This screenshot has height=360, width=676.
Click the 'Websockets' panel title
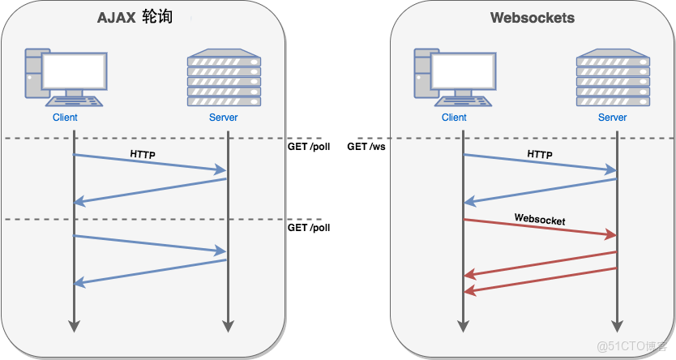pos(533,17)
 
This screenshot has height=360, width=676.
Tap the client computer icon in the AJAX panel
pos(64,78)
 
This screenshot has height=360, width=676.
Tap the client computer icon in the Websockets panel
pos(454,78)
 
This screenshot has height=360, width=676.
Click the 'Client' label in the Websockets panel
pos(454,118)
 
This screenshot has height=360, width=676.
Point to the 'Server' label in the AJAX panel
pos(224,118)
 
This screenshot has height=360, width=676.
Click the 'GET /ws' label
pos(367,147)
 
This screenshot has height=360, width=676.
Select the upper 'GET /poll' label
pos(309,147)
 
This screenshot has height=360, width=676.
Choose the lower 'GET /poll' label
pos(309,228)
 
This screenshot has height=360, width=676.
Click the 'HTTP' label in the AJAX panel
pos(143,153)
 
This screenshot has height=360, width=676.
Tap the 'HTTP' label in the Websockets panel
pos(539,154)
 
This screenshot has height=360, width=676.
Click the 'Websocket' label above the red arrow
pos(539,220)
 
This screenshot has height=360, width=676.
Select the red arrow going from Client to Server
pos(539,228)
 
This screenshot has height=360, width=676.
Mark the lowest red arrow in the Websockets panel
pos(539,280)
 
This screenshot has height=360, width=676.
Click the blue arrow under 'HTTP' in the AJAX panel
pos(150,163)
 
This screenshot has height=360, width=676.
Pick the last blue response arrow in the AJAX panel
pos(150,272)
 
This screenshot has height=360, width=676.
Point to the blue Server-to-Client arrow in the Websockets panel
pos(539,191)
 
